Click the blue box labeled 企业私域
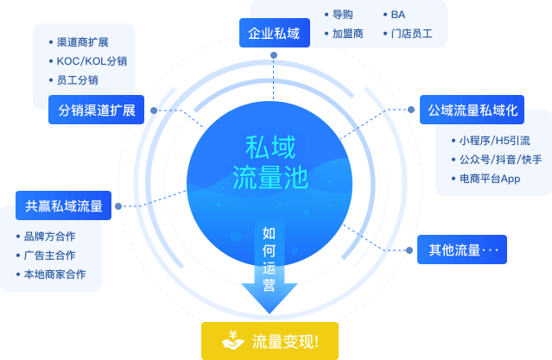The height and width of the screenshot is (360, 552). [274, 34]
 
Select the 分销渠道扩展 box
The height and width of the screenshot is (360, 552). [96, 111]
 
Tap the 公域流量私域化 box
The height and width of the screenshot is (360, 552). [473, 110]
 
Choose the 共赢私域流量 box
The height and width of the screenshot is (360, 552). [64, 206]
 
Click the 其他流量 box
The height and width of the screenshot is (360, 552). [462, 250]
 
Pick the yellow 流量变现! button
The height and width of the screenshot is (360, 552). [269, 341]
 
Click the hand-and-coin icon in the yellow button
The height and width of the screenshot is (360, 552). [233, 341]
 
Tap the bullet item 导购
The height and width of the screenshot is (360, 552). [342, 15]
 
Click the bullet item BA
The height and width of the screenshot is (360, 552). [397, 15]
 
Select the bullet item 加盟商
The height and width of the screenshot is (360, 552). [347, 34]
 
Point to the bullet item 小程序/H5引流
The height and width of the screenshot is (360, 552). [494, 140]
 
